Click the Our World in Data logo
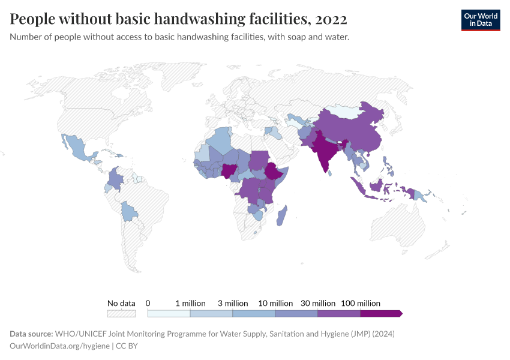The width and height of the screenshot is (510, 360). pyautogui.click(x=480, y=19)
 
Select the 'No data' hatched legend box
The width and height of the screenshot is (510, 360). pyautogui.click(x=121, y=313)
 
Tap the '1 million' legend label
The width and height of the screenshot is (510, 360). pyautogui.click(x=190, y=303)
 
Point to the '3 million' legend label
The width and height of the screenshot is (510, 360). pyautogui.click(x=233, y=303)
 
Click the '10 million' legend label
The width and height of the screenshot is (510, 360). pyautogui.click(x=275, y=303)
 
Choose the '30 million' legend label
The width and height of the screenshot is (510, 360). pyautogui.click(x=318, y=303)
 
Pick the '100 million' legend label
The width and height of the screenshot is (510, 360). pyautogui.click(x=361, y=303)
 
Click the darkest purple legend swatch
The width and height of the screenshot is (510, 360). pyautogui.click(x=380, y=313)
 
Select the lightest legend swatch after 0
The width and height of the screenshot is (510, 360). pyautogui.click(x=169, y=313)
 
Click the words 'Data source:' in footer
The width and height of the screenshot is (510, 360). pyautogui.click(x=31, y=334)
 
